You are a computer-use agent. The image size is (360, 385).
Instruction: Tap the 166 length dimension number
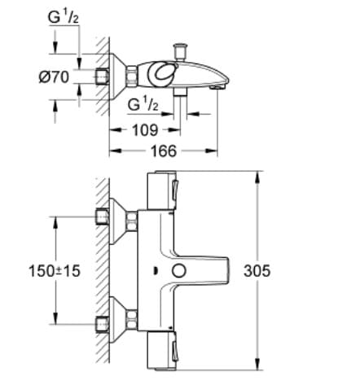tap(165, 151)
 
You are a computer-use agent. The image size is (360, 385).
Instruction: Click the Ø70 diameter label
tap(55, 79)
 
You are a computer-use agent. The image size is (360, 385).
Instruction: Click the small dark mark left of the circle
tap(155, 271)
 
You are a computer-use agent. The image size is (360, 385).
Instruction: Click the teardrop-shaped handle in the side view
tap(164, 74)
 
